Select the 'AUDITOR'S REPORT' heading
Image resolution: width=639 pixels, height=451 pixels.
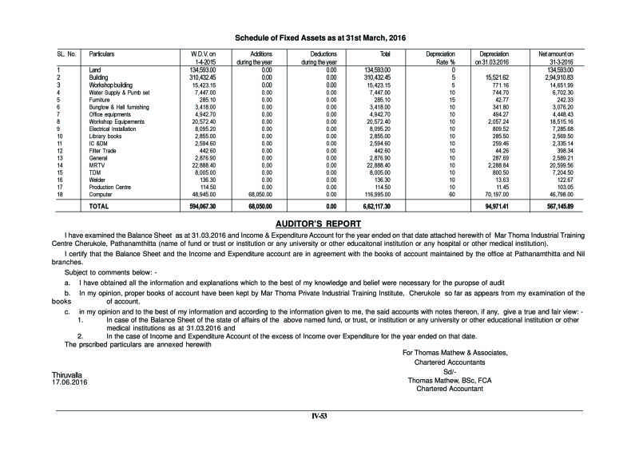(x=319, y=222)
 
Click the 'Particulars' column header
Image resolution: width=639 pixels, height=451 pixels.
(x=102, y=53)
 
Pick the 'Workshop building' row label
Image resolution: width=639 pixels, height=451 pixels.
(x=110, y=84)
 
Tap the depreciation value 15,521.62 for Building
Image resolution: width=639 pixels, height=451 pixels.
(x=494, y=77)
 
